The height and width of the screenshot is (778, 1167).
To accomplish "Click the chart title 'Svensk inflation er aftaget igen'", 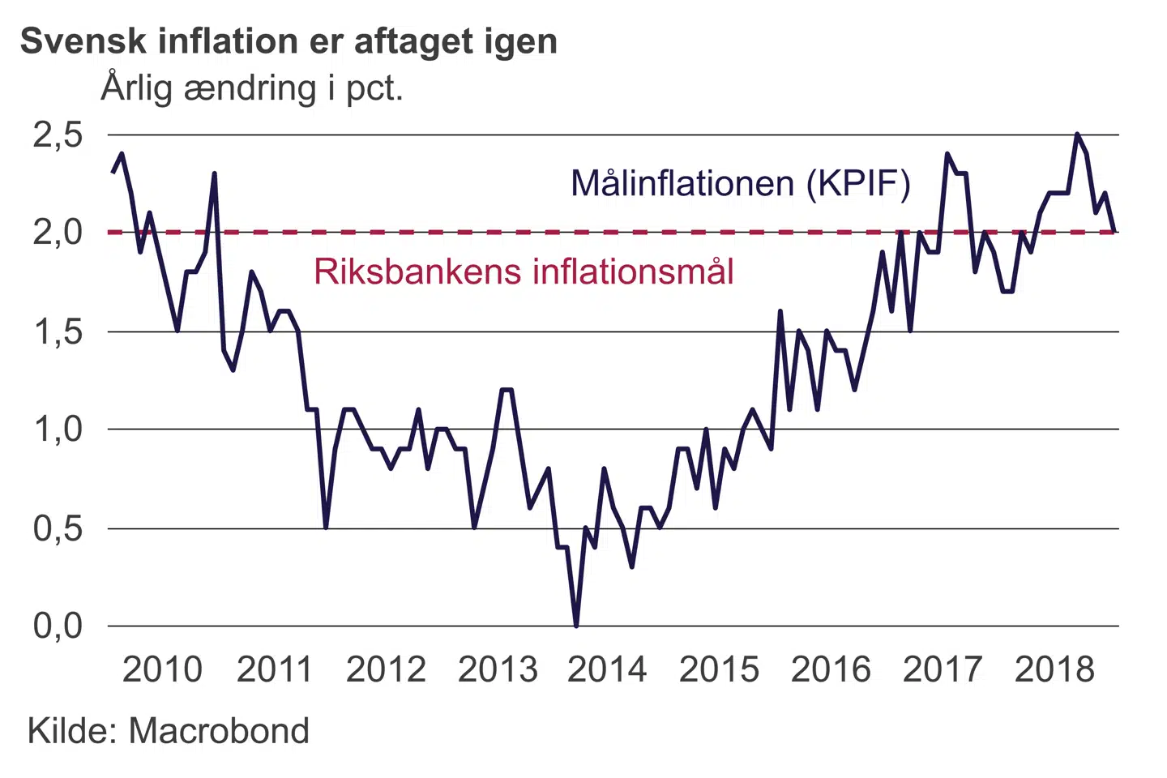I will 289,41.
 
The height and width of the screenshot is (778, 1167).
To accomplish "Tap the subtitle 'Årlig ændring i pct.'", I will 252,88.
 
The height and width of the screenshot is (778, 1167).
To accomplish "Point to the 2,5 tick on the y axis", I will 58,135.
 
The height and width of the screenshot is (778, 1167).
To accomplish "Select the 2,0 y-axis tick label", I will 58,233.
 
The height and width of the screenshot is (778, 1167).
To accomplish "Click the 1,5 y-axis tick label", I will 58,331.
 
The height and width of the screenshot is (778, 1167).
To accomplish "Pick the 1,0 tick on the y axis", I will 58,429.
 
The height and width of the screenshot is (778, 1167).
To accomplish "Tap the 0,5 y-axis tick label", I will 58,528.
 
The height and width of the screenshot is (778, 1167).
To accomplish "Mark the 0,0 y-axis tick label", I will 58,626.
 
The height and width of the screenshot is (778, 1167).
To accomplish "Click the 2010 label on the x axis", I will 162,669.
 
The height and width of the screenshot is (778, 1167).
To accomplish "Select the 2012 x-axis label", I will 386,669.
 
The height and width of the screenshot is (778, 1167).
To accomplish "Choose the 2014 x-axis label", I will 607,669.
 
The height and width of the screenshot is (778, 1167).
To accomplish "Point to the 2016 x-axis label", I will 831,669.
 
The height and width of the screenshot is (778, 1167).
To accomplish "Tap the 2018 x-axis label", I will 1054,669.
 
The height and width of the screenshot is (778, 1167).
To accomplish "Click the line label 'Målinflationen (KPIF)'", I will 741,183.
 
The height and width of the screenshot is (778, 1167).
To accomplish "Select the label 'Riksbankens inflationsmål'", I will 524,271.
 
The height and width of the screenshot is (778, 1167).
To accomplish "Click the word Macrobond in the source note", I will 219,731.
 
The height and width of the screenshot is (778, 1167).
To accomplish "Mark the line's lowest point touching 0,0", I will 576,625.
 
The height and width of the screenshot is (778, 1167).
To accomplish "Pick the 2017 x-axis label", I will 943,669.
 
